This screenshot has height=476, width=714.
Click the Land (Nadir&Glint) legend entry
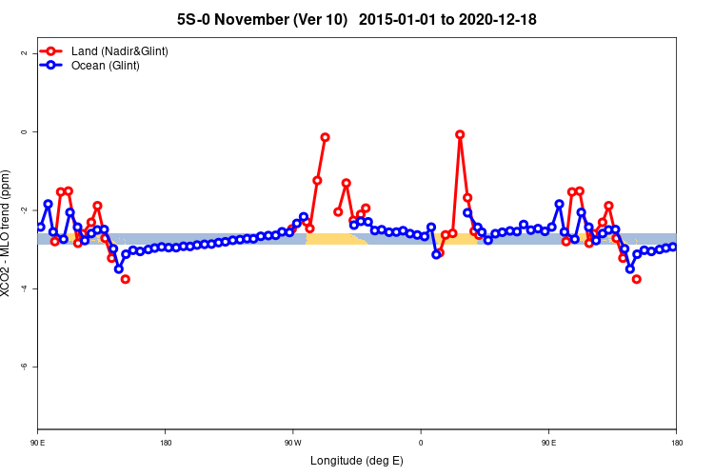119,50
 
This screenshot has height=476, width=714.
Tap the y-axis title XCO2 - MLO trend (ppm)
8,233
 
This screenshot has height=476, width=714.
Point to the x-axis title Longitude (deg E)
357,461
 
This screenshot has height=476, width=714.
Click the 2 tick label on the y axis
23,53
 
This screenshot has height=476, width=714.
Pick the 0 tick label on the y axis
23,131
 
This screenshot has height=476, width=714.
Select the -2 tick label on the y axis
23,209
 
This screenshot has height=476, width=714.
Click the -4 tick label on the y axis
23,288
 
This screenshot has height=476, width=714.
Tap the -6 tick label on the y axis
23,367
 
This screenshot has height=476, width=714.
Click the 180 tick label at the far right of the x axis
676,443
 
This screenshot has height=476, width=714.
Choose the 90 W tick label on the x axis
292,443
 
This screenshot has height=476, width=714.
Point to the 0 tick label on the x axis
421,443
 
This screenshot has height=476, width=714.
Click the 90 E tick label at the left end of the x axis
37,443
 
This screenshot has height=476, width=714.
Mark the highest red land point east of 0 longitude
460,134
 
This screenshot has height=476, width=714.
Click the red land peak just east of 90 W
325,137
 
